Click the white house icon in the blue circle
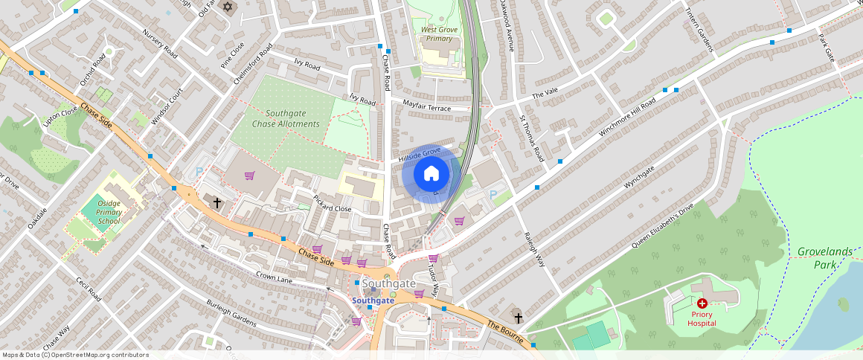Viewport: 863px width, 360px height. [x=431, y=174]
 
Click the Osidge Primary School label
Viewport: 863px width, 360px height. [x=109, y=212]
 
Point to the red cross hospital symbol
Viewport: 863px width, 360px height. [x=702, y=303]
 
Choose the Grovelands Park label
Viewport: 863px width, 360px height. [x=824, y=257]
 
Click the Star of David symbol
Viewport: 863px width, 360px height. [x=228, y=7]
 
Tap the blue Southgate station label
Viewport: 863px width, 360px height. [x=373, y=300]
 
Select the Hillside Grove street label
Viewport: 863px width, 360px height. [x=420, y=155]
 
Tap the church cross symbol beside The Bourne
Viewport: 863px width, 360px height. [x=518, y=318]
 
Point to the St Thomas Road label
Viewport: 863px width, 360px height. [x=531, y=138]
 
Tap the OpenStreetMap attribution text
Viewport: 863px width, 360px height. [x=75, y=355]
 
